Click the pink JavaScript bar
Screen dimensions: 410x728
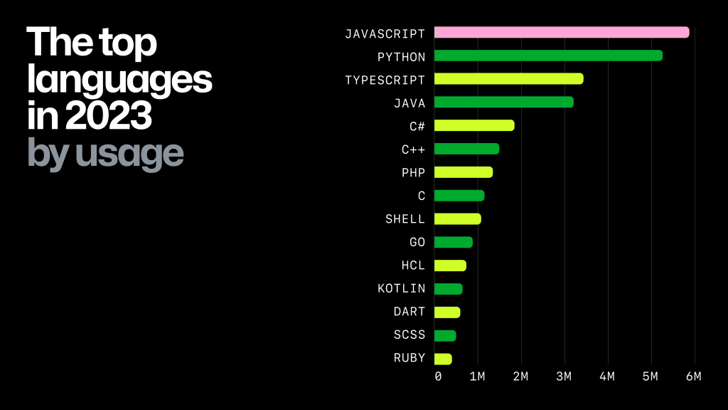click(x=561, y=32)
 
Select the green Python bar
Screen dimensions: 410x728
click(x=547, y=56)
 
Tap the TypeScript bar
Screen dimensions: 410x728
click(x=508, y=79)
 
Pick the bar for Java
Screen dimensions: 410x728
click(x=503, y=102)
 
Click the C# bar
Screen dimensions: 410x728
click(x=473, y=125)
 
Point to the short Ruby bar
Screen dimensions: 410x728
click(x=442, y=359)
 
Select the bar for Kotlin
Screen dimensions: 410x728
click(x=448, y=289)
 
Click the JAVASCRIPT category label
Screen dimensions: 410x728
click(x=385, y=33)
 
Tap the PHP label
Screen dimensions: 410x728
click(x=413, y=172)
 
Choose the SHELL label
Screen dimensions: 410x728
click(x=405, y=219)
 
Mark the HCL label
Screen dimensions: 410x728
click(x=413, y=266)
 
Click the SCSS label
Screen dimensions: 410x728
click(x=409, y=335)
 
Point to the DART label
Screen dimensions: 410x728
click(x=409, y=312)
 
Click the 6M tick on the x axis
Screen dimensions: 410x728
click(x=693, y=376)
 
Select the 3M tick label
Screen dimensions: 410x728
click(x=564, y=376)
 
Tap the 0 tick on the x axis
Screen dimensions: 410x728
click(x=437, y=376)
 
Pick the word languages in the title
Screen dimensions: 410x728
click(x=119, y=80)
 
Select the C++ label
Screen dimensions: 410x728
click(x=413, y=149)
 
